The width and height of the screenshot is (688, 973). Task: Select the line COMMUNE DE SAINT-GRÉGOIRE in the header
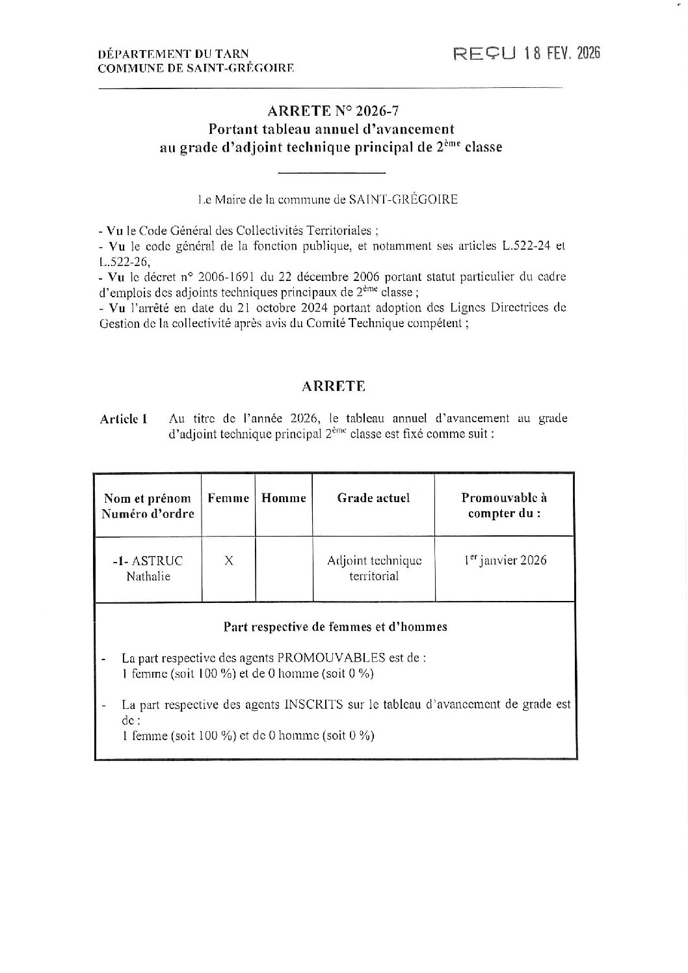point(195,67)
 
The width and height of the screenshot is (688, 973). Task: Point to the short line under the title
point(332,172)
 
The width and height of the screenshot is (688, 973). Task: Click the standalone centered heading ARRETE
point(334,386)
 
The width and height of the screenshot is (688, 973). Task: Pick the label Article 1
point(124,419)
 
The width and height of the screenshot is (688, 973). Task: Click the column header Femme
point(228,498)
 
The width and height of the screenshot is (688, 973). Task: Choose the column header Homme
point(284,498)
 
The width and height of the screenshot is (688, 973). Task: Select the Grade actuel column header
point(373,498)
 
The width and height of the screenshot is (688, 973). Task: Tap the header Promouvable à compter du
point(504,505)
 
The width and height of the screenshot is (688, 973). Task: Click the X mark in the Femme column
point(228,560)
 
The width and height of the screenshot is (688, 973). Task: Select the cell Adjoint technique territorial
point(374,568)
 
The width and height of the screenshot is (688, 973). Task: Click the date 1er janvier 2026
point(505,560)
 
